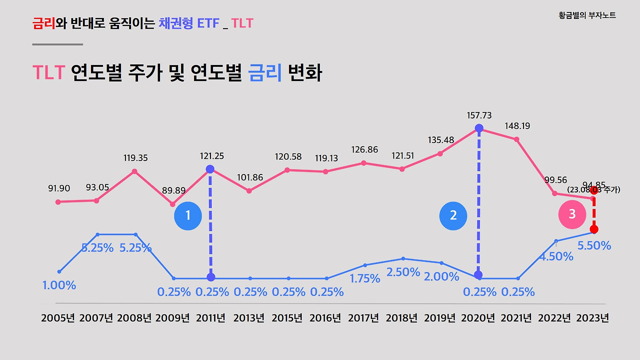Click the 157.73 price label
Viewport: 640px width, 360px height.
(x=479, y=115)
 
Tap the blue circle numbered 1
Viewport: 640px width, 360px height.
(x=188, y=215)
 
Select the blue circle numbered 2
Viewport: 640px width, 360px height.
(x=453, y=215)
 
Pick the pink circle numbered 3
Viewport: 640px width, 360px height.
(x=572, y=214)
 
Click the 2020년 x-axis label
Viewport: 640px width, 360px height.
(x=478, y=318)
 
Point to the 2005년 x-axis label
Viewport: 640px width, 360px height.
(x=58, y=318)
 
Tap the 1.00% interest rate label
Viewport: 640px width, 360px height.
(x=59, y=285)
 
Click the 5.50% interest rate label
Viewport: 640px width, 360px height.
(x=594, y=245)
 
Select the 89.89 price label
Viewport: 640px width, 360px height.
(x=173, y=190)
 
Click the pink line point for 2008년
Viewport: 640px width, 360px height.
(x=135, y=171)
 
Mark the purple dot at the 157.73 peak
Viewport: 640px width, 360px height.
(x=479, y=128)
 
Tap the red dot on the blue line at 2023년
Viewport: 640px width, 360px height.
(x=594, y=229)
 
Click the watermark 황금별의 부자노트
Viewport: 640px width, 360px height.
(x=587, y=15)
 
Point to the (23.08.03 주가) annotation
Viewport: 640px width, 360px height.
(x=593, y=189)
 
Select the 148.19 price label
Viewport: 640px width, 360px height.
(x=517, y=126)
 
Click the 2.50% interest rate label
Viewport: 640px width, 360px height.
(x=403, y=272)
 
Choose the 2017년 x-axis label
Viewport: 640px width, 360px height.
(x=363, y=318)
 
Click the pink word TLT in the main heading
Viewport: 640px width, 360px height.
(x=48, y=73)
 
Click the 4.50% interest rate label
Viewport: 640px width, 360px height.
(x=556, y=256)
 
